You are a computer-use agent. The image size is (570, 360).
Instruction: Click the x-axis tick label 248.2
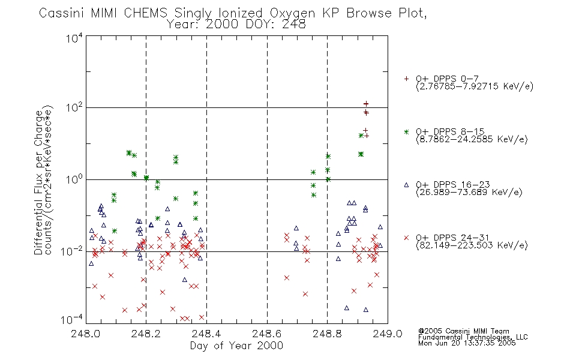[x=146, y=334]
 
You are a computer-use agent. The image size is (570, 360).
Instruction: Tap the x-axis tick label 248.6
[x=267, y=334]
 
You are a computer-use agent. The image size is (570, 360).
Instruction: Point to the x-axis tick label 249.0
[x=388, y=334]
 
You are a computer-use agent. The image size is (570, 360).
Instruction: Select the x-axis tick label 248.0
[x=85, y=334]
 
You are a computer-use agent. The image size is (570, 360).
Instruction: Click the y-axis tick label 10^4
[x=74, y=38]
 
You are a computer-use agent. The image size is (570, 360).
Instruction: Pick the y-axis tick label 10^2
[x=74, y=108]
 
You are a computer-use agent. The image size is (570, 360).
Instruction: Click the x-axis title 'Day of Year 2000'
[x=236, y=346]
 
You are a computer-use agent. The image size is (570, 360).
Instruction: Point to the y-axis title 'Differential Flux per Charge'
[x=38, y=183]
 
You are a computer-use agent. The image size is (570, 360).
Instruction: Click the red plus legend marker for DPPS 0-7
[x=406, y=79]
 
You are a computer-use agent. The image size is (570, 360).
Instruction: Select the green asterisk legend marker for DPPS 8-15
[x=406, y=132]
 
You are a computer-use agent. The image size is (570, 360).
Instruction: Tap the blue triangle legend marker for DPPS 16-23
[x=406, y=185]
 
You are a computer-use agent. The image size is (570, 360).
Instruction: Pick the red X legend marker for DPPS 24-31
[x=406, y=238]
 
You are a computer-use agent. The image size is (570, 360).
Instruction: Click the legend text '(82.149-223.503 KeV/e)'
[x=472, y=245]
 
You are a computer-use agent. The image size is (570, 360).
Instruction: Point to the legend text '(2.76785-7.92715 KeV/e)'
[x=475, y=86]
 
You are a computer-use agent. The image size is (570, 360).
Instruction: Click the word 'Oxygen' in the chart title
[x=292, y=13]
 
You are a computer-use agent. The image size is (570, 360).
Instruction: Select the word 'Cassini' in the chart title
[x=61, y=13]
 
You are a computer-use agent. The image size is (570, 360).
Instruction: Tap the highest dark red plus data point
[x=366, y=104]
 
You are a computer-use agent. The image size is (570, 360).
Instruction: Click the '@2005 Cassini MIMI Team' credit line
[x=463, y=331]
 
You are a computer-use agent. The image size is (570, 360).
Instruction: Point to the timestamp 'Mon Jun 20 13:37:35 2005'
[x=467, y=343]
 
